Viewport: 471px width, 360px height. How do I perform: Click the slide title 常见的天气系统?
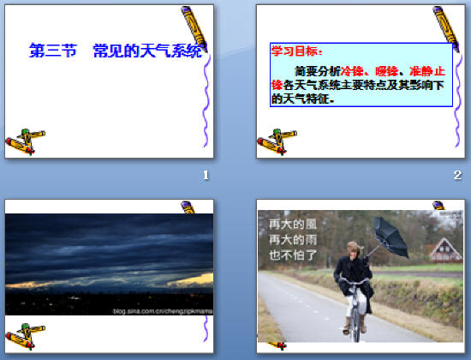coord(153,51)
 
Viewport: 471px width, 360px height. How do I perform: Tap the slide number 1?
coord(206,176)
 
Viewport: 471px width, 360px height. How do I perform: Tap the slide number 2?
coord(457,176)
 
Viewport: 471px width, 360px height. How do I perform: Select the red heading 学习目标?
coord(291,51)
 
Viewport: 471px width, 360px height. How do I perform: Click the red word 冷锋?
coord(352,70)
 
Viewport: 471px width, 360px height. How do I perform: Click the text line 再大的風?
coord(287,225)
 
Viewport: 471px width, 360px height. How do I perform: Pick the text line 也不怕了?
coord(287,255)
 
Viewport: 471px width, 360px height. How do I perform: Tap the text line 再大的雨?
coord(287,239)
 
